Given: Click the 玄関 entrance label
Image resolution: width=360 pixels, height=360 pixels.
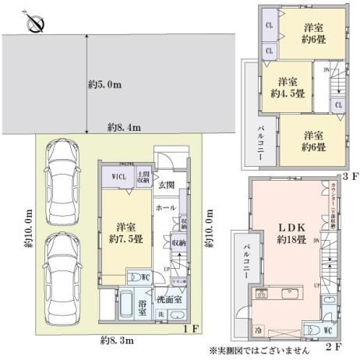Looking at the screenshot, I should (167, 185).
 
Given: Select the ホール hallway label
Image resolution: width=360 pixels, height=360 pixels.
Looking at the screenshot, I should (164, 209).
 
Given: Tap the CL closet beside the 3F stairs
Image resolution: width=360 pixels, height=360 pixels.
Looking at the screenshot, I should (338, 103).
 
